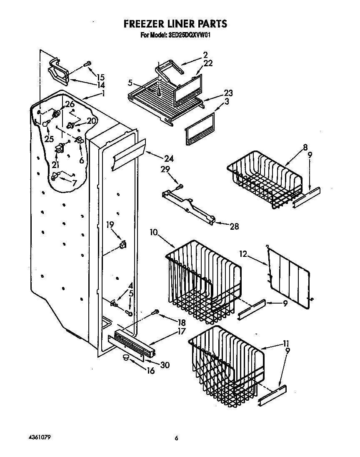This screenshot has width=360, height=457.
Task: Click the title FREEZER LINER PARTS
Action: (x=175, y=24)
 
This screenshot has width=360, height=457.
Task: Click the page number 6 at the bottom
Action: (x=177, y=438)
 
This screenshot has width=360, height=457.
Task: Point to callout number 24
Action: (x=169, y=158)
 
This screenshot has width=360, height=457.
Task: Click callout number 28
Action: (x=234, y=226)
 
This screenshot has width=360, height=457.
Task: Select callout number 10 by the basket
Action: (x=154, y=232)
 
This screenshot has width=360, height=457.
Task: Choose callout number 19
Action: (x=110, y=225)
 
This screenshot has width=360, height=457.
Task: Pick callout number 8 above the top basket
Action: (x=305, y=147)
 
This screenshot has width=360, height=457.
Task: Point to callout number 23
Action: (x=228, y=93)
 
